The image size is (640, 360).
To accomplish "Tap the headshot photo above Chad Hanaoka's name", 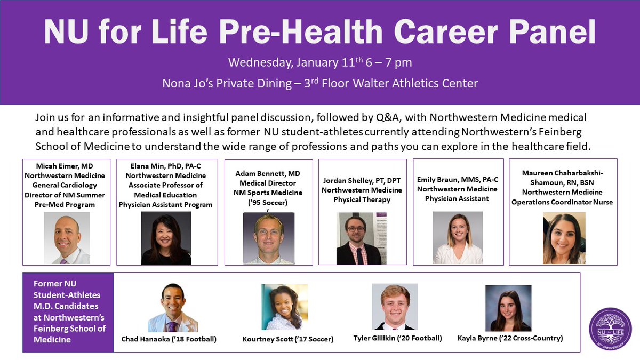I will (173, 308).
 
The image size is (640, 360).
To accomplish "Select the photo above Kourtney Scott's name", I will (284, 307).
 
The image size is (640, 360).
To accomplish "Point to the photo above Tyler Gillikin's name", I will (395, 307).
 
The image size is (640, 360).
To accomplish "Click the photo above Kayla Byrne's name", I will (508, 308).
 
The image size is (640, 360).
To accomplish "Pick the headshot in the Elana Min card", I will (166, 238).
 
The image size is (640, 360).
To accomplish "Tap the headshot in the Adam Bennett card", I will (268, 238).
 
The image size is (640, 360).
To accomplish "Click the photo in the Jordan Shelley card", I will (359, 238).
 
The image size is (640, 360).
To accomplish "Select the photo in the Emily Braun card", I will (458, 238).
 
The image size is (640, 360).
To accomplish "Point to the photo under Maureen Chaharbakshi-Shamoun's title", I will (564, 238).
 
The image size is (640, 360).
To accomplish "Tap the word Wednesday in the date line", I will (261, 62).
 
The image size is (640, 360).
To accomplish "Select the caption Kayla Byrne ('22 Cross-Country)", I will (510, 338).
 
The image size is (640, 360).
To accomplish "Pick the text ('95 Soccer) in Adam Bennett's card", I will (268, 202).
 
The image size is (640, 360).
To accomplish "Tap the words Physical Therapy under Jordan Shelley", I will (362, 200).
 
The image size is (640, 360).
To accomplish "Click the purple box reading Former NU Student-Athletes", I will (68, 312).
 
